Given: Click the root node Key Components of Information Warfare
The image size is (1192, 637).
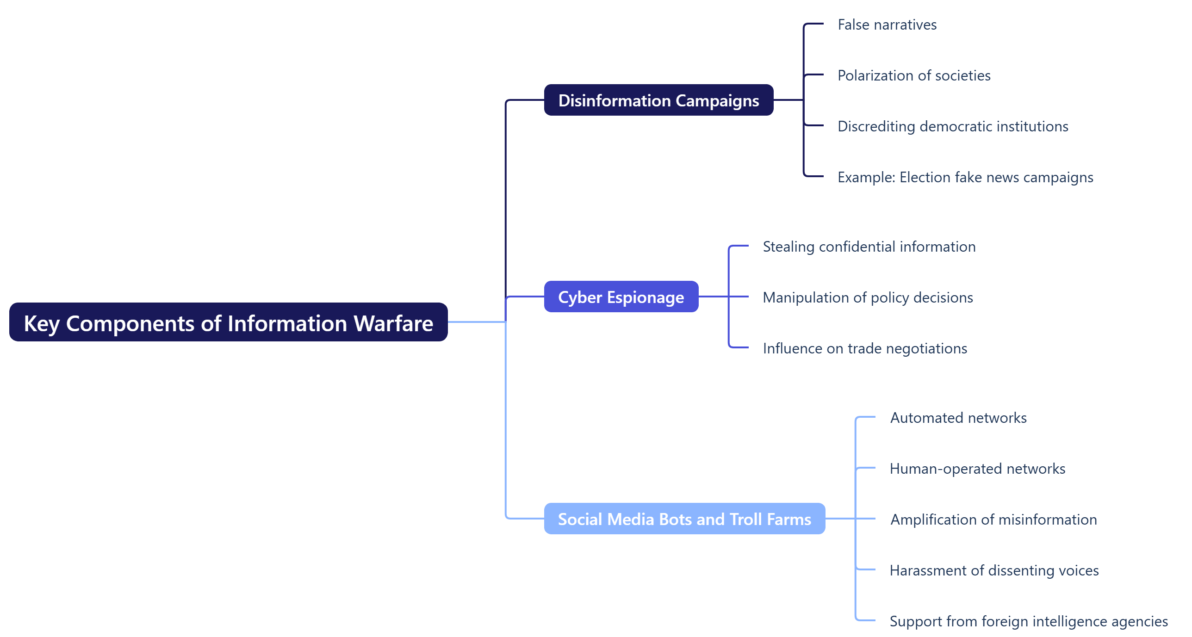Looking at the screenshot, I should pos(228,322).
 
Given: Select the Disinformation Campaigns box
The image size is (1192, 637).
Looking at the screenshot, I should pos(658,100).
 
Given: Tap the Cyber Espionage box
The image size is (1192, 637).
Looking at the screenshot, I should pos(621,297).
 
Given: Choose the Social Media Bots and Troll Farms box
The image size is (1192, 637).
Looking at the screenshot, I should pos(684,519).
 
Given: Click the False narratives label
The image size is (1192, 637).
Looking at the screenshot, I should pos(887,25).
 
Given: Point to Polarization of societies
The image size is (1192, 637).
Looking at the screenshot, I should pos(913,75).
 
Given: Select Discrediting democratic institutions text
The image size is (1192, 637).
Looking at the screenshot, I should pos(952,126).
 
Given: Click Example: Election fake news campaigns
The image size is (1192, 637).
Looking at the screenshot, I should pos(965,177).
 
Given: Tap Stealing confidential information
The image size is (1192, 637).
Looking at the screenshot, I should pos(869,247).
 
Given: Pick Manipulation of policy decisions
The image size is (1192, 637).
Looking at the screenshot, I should pos(867,297).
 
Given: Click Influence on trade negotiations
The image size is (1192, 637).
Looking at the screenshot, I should pos(864,348).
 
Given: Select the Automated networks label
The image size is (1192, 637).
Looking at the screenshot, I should pos(958,418).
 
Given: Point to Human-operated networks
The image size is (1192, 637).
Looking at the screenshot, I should pos(977,469).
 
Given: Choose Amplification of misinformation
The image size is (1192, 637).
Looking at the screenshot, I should pos(993,519).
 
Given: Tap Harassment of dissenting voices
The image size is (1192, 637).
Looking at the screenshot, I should pos(993,570).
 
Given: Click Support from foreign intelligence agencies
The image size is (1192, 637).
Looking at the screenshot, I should pos(1028,621).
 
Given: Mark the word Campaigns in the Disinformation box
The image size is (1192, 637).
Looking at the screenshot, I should pos(717,101).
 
